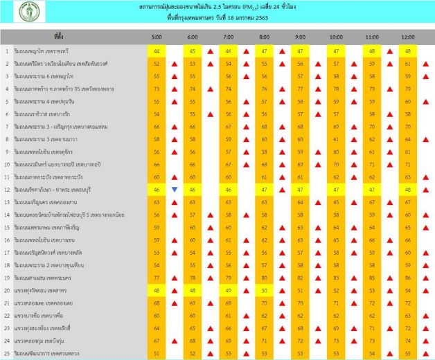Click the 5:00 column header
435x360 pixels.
click(x=157, y=36)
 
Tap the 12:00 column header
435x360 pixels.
click(x=407, y=36)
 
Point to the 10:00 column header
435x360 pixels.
click(x=336, y=36)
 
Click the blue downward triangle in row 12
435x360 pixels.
click(x=175, y=189)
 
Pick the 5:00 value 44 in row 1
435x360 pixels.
click(x=157, y=51)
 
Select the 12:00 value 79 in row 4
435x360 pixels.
click(x=407, y=89)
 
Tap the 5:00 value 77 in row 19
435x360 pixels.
click(x=157, y=278)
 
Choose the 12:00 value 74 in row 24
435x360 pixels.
click(x=407, y=341)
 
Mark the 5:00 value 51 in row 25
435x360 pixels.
click(x=157, y=353)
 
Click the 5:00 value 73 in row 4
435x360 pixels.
click(x=157, y=89)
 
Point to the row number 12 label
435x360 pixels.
click(x=6, y=189)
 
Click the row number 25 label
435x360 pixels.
click(x=6, y=353)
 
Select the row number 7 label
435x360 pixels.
click(x=6, y=127)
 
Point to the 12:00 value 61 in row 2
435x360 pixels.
click(x=407, y=64)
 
